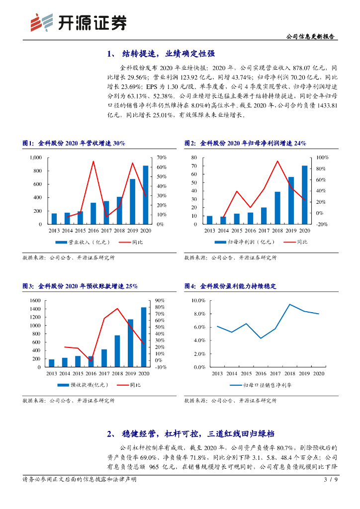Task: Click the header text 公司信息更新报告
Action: (x=311, y=37)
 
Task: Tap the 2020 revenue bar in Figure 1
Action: (x=146, y=195)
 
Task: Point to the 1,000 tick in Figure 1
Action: (x=34, y=158)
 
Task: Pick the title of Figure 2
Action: (x=245, y=143)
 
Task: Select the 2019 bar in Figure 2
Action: (x=291, y=200)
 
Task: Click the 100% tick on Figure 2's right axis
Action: (x=317, y=158)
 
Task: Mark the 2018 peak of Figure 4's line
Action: (x=289, y=304)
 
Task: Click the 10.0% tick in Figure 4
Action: (x=198, y=301)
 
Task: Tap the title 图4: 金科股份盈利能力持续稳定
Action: (x=230, y=286)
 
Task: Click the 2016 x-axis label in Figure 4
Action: (x=261, y=373)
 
